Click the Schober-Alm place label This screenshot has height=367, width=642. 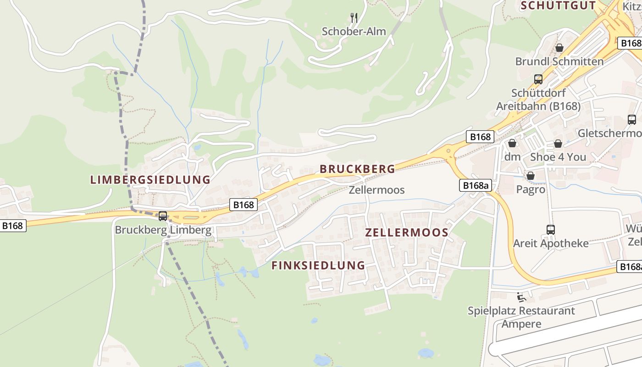354,32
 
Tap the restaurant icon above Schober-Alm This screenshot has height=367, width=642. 354,18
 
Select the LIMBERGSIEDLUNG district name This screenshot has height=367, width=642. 150,180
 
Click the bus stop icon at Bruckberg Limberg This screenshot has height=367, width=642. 163,216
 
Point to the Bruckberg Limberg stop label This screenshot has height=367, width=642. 163,230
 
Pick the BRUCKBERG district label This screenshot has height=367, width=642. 357,169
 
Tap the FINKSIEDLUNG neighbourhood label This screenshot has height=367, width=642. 318,266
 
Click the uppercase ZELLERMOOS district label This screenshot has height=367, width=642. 407,233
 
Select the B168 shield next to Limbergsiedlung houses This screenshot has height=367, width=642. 244,205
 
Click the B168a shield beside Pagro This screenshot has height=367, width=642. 475,185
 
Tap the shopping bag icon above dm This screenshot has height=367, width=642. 512,144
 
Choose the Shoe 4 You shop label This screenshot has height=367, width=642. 558,157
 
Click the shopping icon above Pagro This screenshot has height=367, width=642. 531,176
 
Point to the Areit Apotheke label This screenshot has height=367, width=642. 551,244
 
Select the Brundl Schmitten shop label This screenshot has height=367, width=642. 559,61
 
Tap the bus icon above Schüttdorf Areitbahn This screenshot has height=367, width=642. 538,79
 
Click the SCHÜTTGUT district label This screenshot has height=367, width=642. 558,6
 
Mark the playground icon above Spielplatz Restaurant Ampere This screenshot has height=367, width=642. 521,298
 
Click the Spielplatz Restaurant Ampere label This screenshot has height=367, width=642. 521,317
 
